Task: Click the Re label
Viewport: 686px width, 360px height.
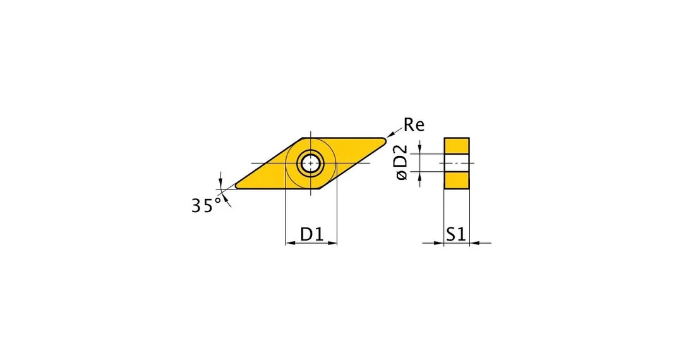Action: [x=414, y=125]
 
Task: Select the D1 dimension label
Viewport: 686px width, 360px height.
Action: [x=311, y=234]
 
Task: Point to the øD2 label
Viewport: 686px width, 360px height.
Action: [x=401, y=163]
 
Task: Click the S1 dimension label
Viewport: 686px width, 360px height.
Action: [x=456, y=234]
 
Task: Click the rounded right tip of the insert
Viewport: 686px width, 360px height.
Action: [x=384, y=140]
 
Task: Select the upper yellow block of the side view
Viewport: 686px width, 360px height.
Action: [x=457, y=146]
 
